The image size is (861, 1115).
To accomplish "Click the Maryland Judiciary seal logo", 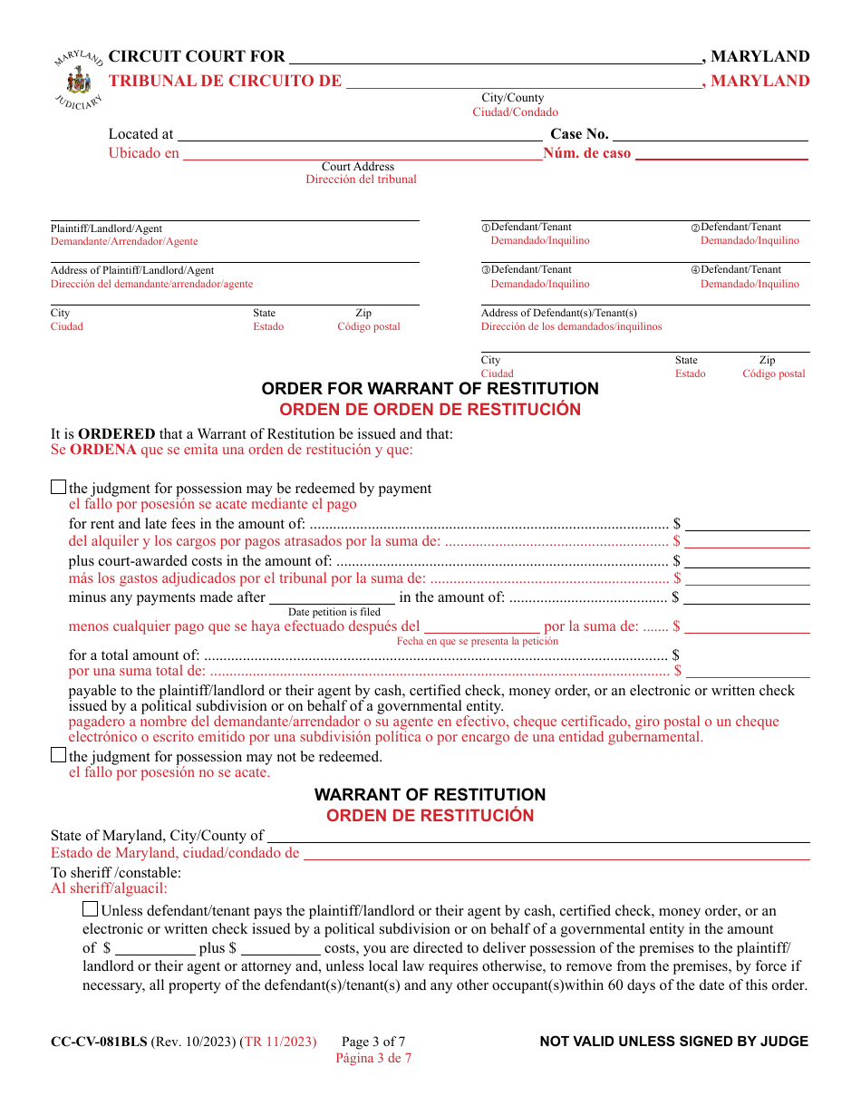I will coord(79,82).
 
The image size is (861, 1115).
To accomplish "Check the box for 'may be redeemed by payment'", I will coord(59,488).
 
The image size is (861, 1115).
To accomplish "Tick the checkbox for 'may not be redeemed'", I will coord(59,755).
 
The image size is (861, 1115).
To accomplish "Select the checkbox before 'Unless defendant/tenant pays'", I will coord(91,909).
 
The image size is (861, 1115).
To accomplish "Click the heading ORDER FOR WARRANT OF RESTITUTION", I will coord(430,389).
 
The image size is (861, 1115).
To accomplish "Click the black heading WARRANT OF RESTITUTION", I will coord(430,795).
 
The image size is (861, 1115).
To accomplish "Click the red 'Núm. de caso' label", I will coord(586,153).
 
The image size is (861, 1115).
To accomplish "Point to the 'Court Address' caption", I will coord(358,167).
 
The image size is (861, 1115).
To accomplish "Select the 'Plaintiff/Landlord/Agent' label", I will coord(106,228).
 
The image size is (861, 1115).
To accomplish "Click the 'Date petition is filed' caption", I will coord(334,612).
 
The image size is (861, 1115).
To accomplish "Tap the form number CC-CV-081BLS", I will coord(99,1042).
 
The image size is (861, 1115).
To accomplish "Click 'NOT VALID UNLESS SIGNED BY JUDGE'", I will coord(673,1042).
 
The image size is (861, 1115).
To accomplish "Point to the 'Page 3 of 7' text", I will coord(373,1042).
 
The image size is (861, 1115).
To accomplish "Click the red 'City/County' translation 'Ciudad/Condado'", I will coord(515,112).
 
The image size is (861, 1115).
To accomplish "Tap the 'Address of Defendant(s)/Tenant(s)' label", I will coord(558,313).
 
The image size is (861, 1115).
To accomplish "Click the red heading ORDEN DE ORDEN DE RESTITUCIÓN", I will coord(430,410).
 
